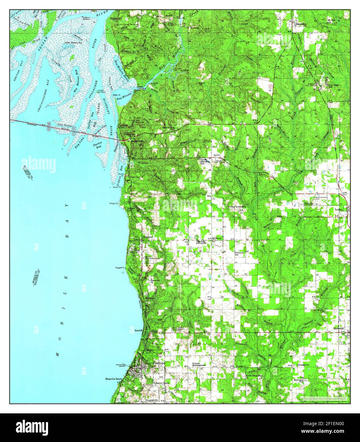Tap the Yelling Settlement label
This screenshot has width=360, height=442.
(237, 207)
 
